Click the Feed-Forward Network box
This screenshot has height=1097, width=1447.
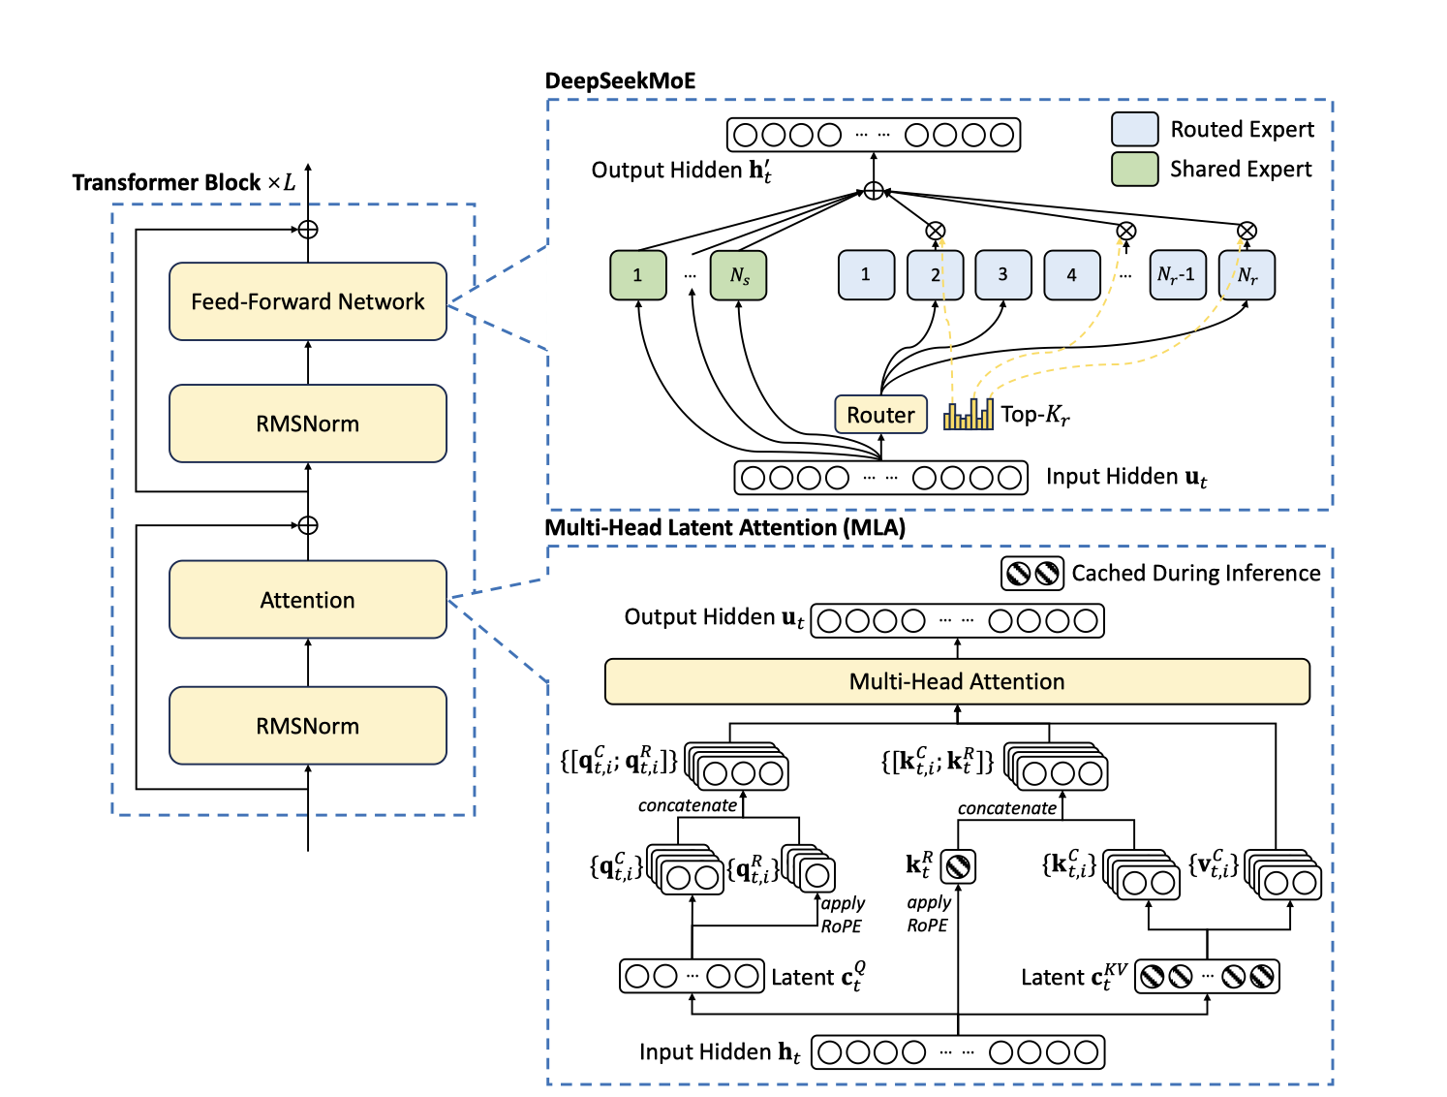(x=307, y=301)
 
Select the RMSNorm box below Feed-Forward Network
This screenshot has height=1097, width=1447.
(x=307, y=423)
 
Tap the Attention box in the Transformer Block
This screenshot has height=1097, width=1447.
(x=307, y=600)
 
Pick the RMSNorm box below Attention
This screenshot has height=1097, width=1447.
(x=307, y=726)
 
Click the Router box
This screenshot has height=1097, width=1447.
(x=880, y=415)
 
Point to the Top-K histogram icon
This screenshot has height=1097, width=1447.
(x=969, y=415)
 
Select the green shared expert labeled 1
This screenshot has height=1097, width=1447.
(x=637, y=275)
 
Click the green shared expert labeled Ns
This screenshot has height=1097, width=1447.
(x=739, y=275)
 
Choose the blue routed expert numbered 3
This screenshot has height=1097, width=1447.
(x=1002, y=275)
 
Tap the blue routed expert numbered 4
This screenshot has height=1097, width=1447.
(x=1071, y=275)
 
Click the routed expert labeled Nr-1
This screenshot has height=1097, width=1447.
(x=1177, y=275)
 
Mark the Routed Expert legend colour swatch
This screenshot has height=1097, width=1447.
(x=1134, y=129)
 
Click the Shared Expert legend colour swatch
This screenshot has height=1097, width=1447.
(x=1134, y=169)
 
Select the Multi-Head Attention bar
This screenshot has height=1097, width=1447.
(x=957, y=681)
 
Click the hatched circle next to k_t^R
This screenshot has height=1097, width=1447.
(x=958, y=866)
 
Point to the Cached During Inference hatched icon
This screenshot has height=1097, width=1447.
(x=1031, y=574)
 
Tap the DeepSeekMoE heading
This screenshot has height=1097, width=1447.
(x=620, y=81)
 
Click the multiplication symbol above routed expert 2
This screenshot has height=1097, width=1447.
(x=935, y=231)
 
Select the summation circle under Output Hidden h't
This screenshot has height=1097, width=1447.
(x=874, y=191)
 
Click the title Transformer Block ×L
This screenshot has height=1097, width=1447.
(x=184, y=182)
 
